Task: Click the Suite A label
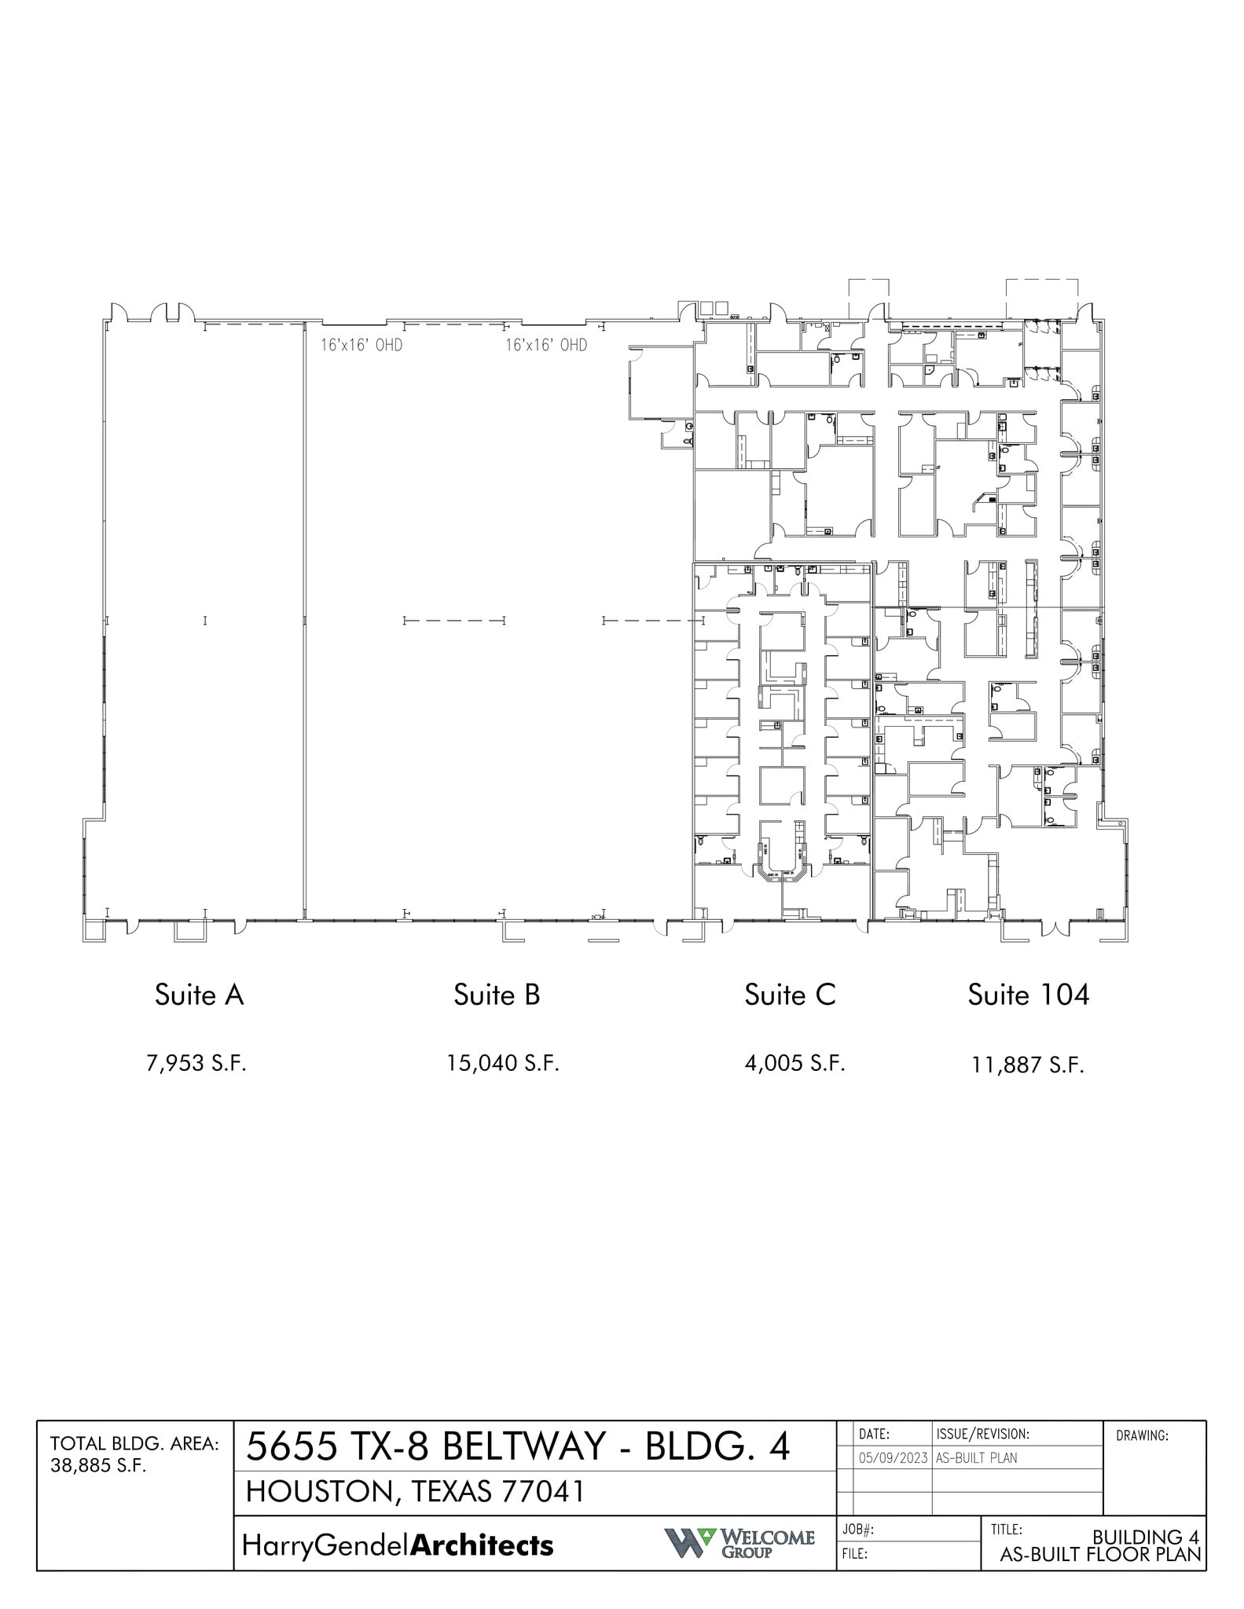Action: [199, 995]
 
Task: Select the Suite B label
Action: [497, 995]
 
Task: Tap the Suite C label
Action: [790, 995]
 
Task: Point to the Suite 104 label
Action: [1028, 995]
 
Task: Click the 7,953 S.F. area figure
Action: [196, 1064]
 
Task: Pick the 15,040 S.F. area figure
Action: [503, 1064]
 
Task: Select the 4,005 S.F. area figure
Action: [794, 1064]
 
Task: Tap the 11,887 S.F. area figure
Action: [1028, 1066]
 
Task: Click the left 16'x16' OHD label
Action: [361, 345]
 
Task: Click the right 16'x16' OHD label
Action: [546, 345]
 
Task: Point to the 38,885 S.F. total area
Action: [98, 1467]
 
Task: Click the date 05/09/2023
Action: [893, 1458]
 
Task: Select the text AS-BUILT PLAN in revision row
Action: [976, 1458]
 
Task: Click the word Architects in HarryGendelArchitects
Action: [482, 1546]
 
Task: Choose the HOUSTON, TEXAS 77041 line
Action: [415, 1492]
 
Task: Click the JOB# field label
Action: [858, 1530]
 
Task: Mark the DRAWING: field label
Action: [1142, 1436]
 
